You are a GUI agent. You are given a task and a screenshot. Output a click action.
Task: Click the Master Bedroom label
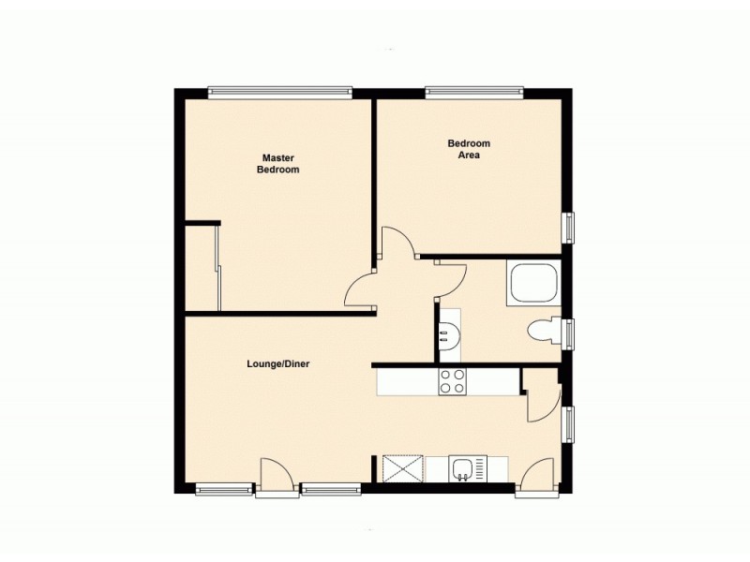[277, 164]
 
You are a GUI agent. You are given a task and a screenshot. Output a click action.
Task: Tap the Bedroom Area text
[469, 149]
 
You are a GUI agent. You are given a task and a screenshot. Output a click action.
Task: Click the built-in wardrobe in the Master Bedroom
[202, 267]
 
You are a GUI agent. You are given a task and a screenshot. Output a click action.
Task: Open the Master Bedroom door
[362, 289]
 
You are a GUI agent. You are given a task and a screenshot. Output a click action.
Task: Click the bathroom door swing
[451, 277]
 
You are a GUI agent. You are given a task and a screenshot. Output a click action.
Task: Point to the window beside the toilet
[568, 333]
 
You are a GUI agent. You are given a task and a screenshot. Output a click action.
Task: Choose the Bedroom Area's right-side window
[568, 228]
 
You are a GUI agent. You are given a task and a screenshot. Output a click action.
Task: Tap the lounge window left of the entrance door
[224, 487]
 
